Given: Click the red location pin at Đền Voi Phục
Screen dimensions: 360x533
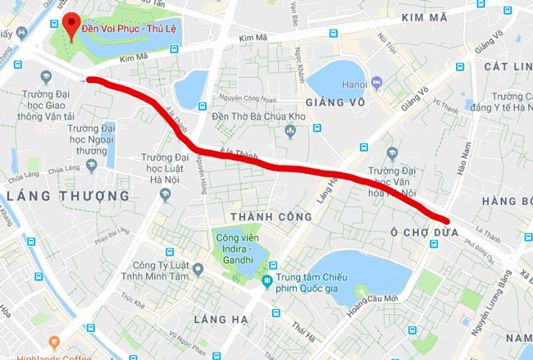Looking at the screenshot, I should (72, 25).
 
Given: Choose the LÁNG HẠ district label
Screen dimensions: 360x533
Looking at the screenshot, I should (219, 317).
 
